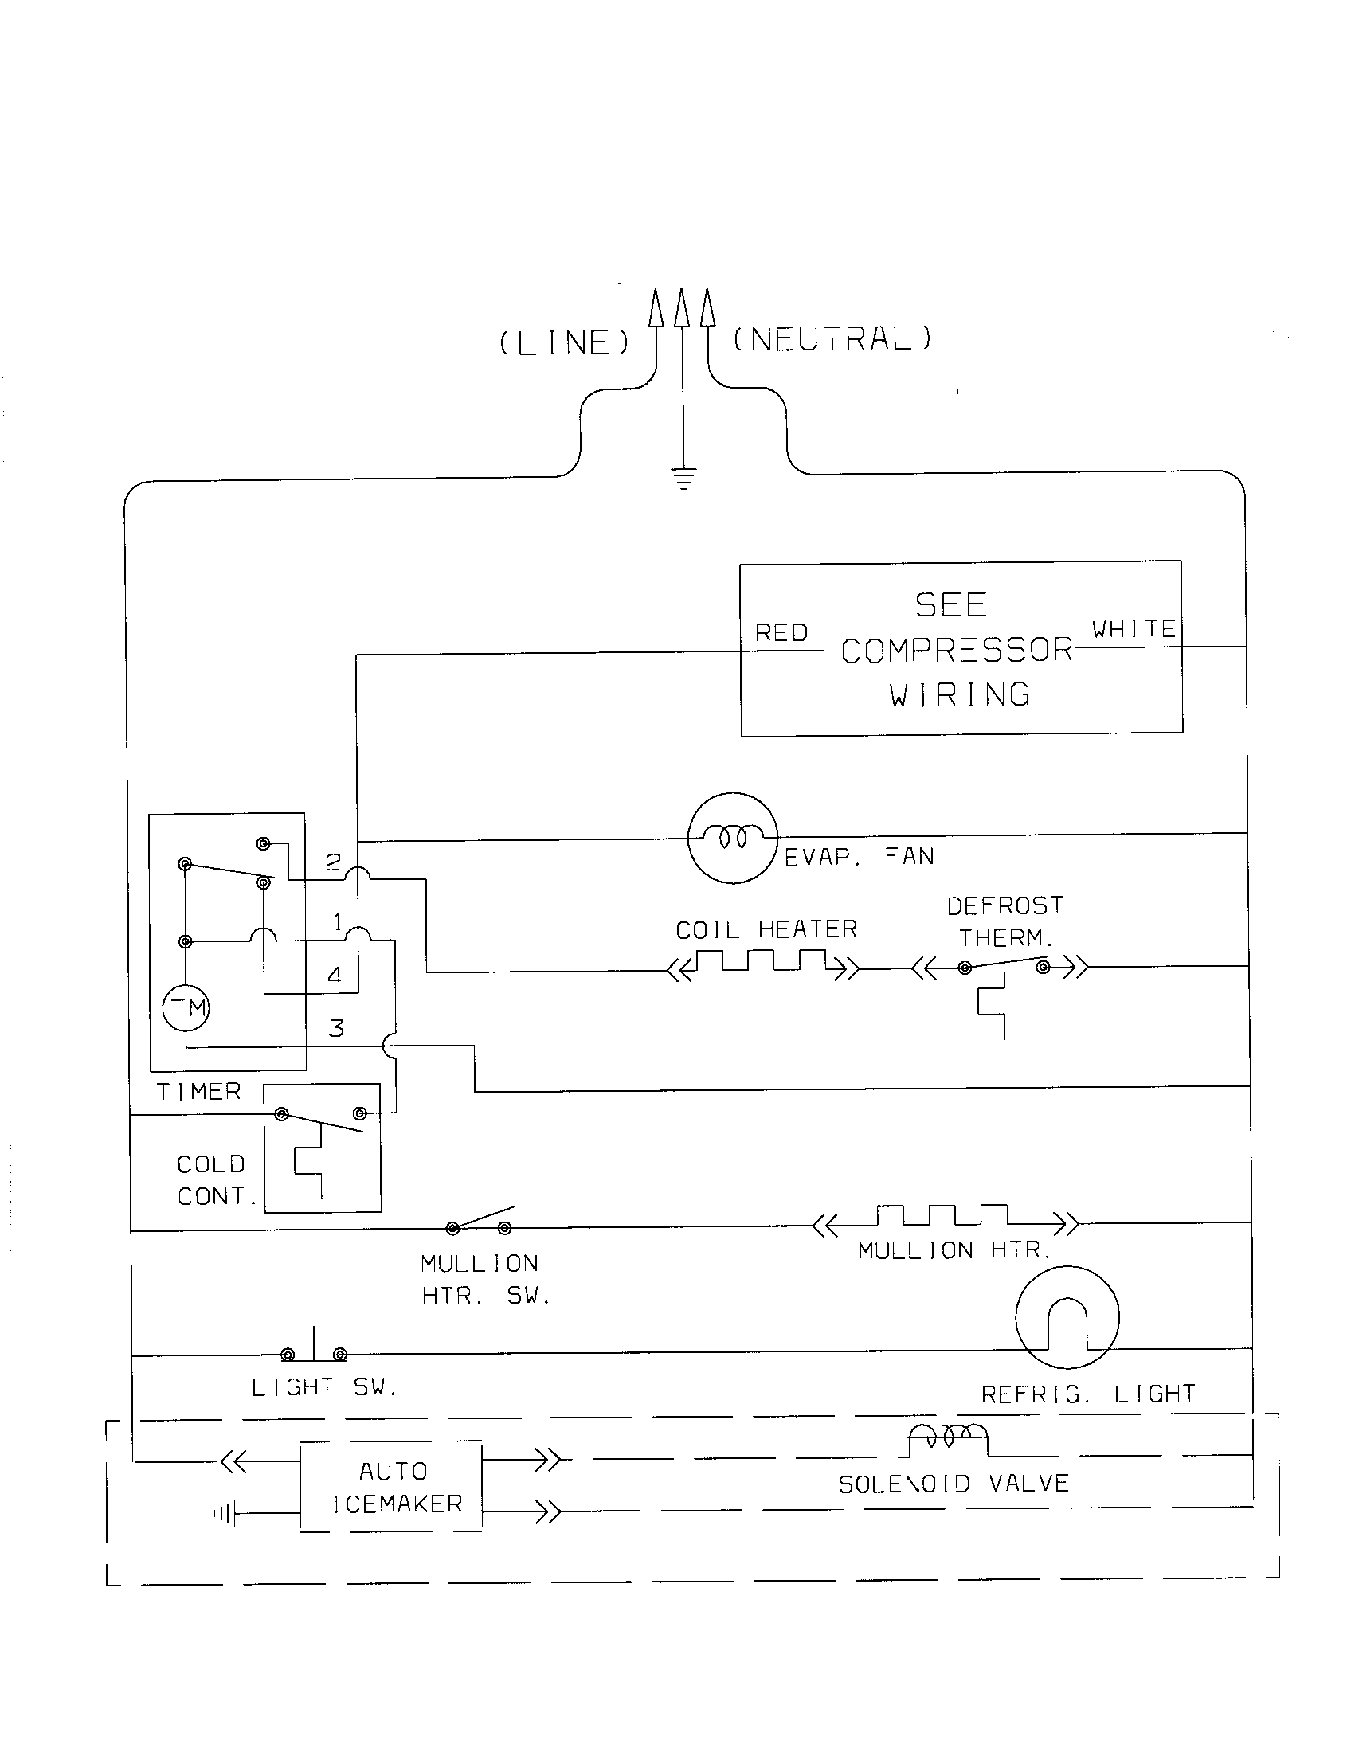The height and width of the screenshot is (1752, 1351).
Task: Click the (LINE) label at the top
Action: click(x=565, y=343)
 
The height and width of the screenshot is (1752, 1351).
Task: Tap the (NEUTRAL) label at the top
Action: click(x=832, y=339)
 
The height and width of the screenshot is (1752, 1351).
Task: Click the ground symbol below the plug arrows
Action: click(x=683, y=479)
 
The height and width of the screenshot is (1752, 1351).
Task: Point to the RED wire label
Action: click(x=781, y=633)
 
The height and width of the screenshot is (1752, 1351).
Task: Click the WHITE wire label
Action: click(x=1134, y=629)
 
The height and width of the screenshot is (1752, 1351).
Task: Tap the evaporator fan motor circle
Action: click(x=733, y=838)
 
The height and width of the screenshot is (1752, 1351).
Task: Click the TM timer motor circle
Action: click(x=186, y=1007)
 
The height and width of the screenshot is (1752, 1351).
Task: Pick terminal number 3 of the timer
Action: click(x=336, y=1028)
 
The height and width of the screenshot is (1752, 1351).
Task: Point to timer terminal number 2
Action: click(x=333, y=862)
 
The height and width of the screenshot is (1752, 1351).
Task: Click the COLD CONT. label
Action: click(x=213, y=1180)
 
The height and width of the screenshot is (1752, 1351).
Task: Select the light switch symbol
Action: click(x=314, y=1350)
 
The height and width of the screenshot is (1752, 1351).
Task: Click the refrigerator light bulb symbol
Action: click(x=1067, y=1317)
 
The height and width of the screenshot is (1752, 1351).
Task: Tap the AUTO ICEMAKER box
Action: click(x=391, y=1487)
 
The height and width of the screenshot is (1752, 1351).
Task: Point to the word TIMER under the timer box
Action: click(x=198, y=1091)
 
